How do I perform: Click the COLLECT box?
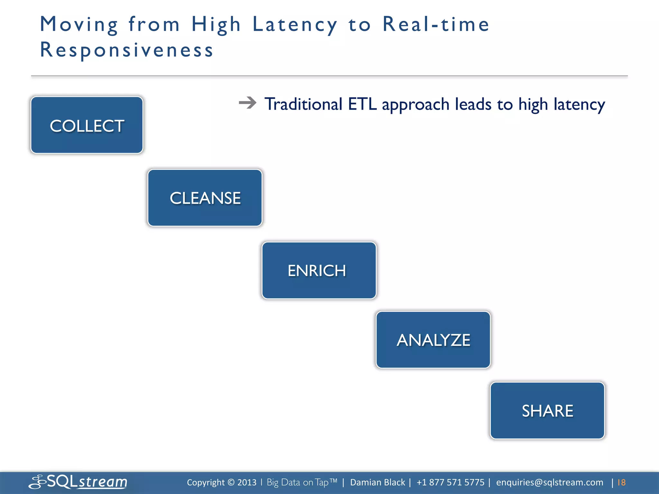click(87, 125)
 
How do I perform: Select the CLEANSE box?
click(205, 198)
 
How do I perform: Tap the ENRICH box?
click(319, 270)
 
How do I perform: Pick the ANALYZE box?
click(433, 340)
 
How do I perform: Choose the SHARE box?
click(547, 411)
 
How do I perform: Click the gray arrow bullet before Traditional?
click(247, 103)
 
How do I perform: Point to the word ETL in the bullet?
click(362, 104)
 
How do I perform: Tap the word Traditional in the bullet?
click(303, 104)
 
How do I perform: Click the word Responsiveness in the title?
click(127, 50)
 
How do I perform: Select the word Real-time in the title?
click(436, 24)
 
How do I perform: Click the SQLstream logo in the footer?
click(78, 482)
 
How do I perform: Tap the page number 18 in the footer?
click(621, 482)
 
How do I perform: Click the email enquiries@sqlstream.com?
click(550, 482)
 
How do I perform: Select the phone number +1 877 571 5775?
click(450, 482)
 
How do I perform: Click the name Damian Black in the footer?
click(377, 482)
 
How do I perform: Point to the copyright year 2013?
click(247, 482)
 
